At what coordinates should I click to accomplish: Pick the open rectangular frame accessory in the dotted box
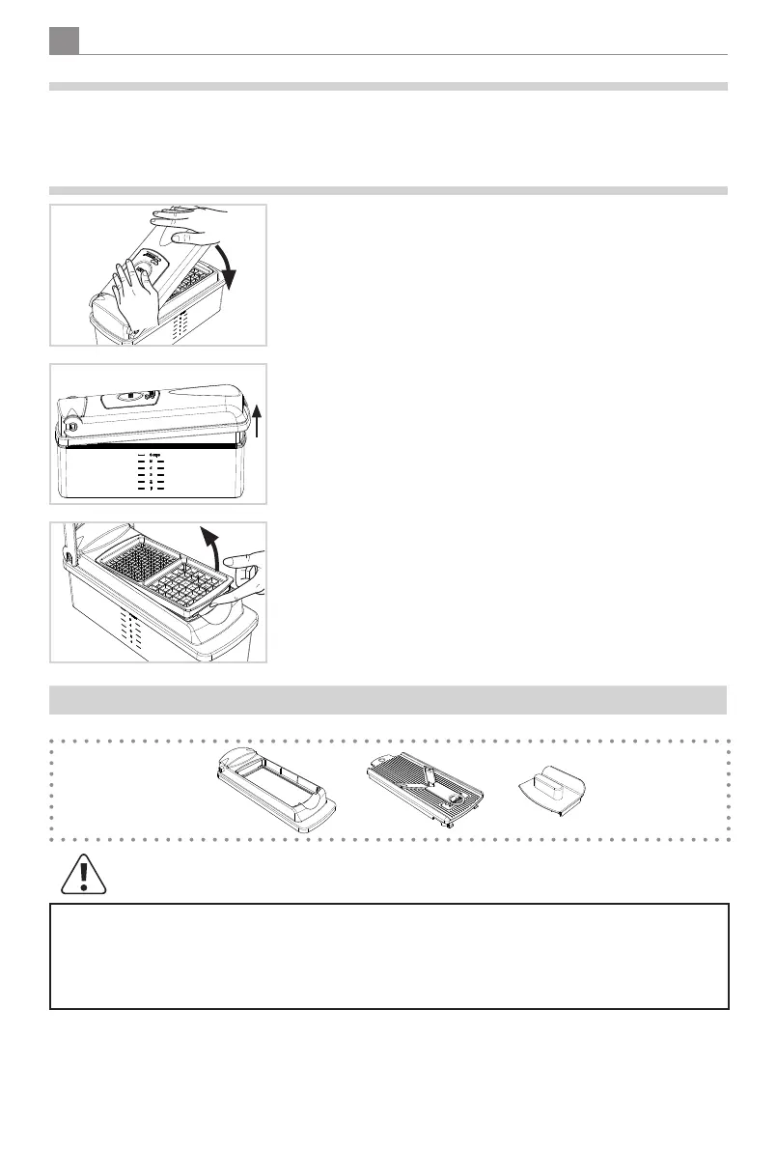pos(276,788)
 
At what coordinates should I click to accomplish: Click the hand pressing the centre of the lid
pos(130,289)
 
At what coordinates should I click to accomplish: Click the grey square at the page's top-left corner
pos(64,41)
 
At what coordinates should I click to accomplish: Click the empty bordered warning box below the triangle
pos(388,956)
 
